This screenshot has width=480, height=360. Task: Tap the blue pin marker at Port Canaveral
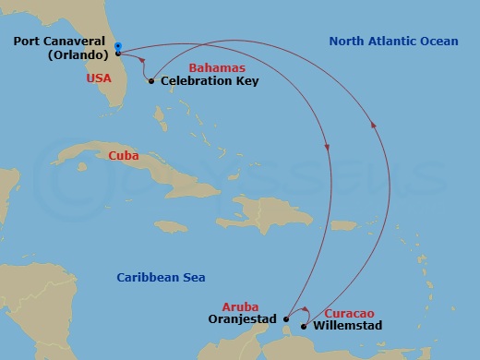point(118,46)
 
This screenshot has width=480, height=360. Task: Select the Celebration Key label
point(210,81)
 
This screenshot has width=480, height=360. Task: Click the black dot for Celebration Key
point(151,81)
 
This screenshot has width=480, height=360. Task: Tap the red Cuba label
point(124,156)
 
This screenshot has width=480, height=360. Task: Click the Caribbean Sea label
point(161,277)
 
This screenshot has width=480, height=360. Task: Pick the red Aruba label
point(240,306)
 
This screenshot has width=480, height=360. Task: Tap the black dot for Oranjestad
point(286,319)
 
